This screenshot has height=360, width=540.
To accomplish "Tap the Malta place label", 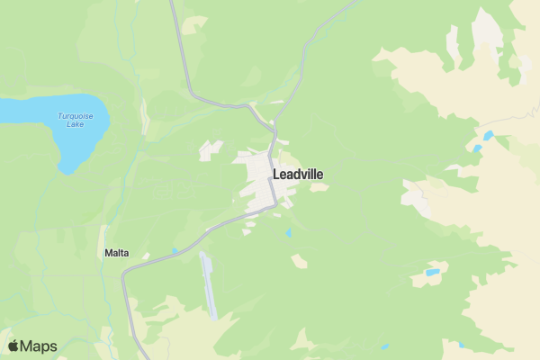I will (116, 254).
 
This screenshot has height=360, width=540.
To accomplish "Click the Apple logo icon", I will (13, 346).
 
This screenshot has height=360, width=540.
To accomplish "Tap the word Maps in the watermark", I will (39, 346).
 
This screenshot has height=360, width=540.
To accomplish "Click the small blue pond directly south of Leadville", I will (288, 233).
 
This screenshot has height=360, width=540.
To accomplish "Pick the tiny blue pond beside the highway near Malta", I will (174, 250).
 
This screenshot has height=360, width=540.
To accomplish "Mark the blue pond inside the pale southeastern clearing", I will (433, 272).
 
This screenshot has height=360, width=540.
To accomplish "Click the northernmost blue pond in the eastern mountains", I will (489, 136).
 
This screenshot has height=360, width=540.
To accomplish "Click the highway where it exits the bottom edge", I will (140, 355).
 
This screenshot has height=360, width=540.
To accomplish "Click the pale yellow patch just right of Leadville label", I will (319, 187).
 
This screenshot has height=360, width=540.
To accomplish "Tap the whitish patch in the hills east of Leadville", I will (415, 193).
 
